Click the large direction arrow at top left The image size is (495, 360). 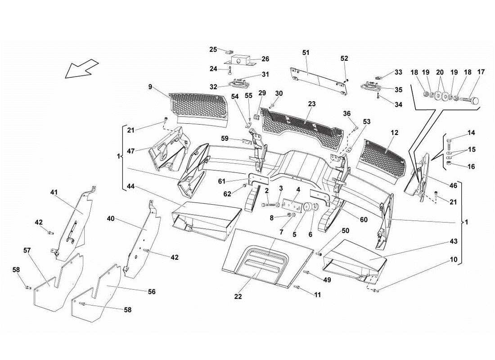tap(81, 68)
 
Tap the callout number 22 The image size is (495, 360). tap(238, 297)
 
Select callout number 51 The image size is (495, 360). tap(306, 53)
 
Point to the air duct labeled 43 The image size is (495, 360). tap(355, 261)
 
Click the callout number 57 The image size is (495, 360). tap(27, 250)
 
